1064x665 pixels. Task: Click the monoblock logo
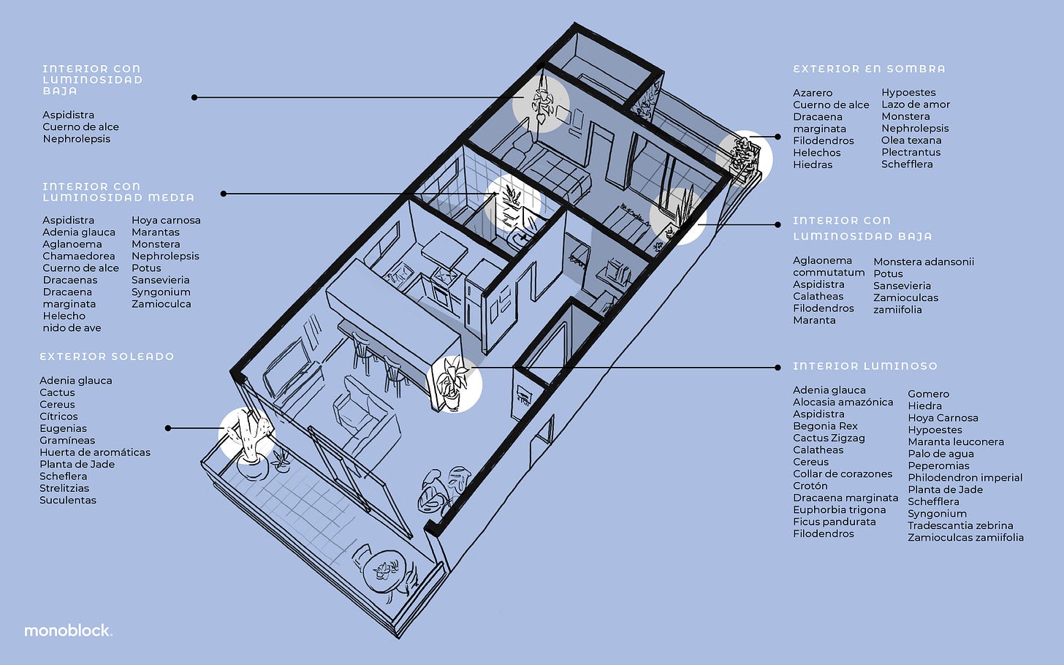68,630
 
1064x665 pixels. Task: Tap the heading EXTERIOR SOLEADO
107,357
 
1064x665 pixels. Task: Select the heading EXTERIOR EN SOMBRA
869,69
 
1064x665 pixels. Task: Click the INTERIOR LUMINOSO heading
864,366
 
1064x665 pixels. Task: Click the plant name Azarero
813,93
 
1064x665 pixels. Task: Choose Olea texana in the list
911,140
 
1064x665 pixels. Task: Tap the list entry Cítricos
58,417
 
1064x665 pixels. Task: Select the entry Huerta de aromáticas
95,452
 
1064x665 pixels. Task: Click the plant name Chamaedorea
78,256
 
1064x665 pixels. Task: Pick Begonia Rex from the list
825,426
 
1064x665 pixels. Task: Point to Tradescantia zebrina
960,525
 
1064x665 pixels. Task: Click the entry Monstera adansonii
924,262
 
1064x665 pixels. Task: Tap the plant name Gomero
928,394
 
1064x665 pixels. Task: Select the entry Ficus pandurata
834,522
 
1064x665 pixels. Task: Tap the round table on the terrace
385,569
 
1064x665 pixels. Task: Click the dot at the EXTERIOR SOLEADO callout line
168,428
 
